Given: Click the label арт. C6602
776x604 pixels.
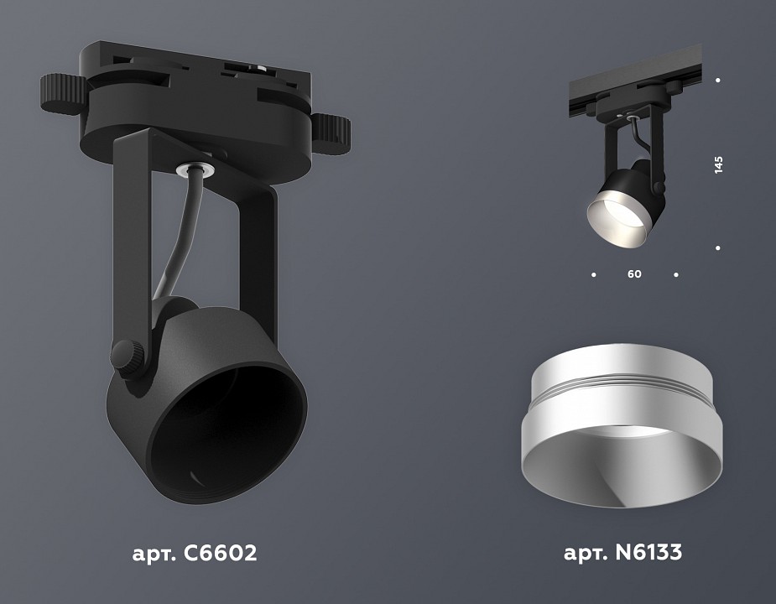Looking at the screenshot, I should click(194, 554).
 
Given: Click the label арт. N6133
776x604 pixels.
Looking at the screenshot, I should click(622, 554).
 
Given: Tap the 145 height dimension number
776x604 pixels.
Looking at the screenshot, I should click(718, 164).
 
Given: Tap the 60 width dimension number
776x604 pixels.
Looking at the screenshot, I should click(634, 274).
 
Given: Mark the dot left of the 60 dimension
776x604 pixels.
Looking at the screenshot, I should click(594, 274).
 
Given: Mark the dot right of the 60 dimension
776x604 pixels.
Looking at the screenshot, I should click(675, 274).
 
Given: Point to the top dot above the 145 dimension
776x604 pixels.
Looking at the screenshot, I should click(718, 81).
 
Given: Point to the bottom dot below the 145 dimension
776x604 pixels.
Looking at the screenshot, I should click(718, 248).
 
